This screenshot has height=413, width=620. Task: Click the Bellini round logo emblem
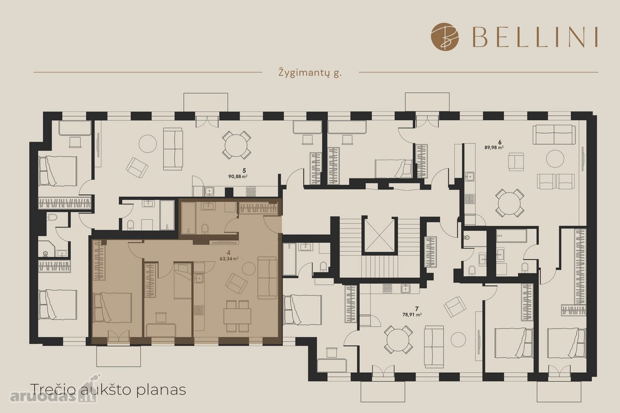[x=445, y=37]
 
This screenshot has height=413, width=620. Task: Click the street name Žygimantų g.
[x=310, y=73]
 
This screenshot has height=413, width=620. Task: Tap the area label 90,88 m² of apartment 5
[x=238, y=176]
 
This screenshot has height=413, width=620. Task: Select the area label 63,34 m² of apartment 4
[x=229, y=259]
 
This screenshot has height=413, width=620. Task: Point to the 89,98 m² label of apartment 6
[x=494, y=148]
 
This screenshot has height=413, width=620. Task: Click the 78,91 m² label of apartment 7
[x=412, y=314]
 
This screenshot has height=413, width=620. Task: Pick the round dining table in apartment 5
[x=237, y=145]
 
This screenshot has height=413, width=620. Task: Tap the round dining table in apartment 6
[x=509, y=203]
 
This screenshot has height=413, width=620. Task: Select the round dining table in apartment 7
[x=398, y=339]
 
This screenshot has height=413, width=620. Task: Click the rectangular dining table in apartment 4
[x=237, y=316]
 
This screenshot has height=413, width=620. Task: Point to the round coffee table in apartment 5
[x=148, y=144]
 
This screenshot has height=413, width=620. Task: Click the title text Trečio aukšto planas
[x=108, y=389]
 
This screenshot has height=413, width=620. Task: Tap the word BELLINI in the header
[x=535, y=37]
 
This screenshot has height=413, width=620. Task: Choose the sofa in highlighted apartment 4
[x=268, y=278]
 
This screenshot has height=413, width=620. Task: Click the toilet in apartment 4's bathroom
[x=205, y=229]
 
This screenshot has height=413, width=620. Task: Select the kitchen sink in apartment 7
[x=406, y=289]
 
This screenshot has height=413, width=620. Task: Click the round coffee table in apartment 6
[x=555, y=158]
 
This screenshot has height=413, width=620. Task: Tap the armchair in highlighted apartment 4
[x=237, y=283]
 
